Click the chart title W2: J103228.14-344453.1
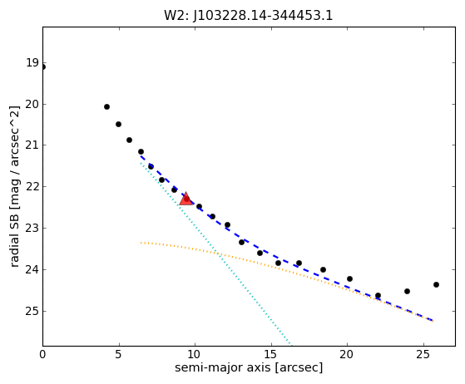[x=249, y=15]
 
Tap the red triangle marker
[x=186, y=199]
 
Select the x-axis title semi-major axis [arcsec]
[x=249, y=367]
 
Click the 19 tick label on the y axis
[x=32, y=63]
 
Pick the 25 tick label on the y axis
[x=32, y=311]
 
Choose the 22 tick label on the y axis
[x=32, y=187]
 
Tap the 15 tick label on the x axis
[x=271, y=354]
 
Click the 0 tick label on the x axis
[x=42, y=354]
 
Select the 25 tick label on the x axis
[x=423, y=354]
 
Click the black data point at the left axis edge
[x=43, y=67]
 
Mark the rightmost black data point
[x=436, y=285]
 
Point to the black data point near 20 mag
[x=106, y=106]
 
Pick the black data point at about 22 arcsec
[x=378, y=295]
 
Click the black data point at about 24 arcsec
[x=407, y=291]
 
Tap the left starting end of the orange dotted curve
[x=141, y=243]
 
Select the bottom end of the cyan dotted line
[x=291, y=345]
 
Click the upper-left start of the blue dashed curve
[x=141, y=156]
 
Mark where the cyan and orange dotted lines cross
[x=219, y=254]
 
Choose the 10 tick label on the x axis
[x=195, y=354]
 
